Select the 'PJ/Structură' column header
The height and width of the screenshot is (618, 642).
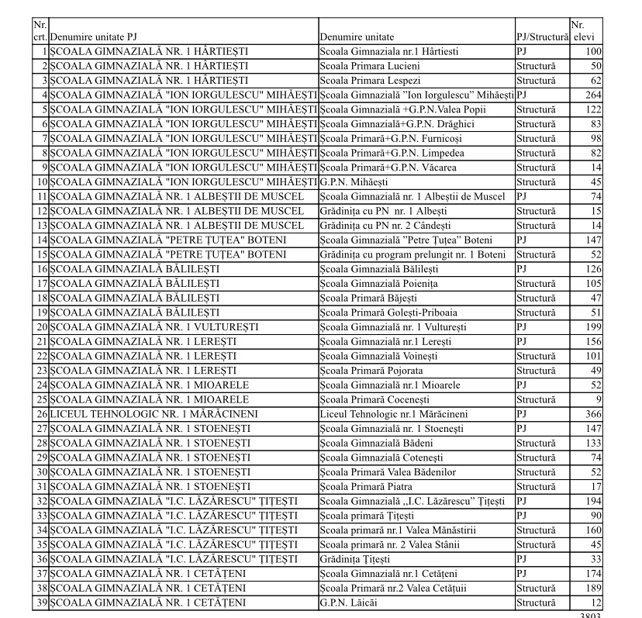click(542, 37)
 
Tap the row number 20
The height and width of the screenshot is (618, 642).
click(43, 327)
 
